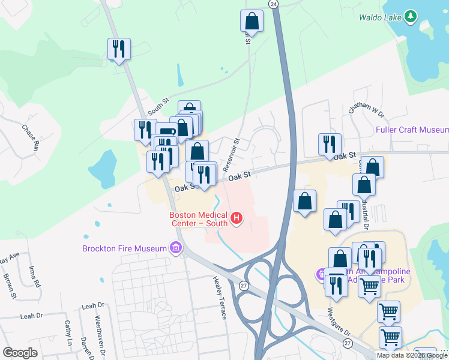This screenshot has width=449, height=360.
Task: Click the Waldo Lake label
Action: (379, 17)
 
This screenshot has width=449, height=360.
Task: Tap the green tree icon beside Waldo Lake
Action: (411, 16)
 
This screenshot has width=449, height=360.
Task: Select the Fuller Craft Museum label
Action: (412, 130)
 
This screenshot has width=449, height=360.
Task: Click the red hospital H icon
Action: (237, 218)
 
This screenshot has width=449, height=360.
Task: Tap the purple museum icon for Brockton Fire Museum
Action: (175, 247)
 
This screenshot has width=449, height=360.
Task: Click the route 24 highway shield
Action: (274, 4)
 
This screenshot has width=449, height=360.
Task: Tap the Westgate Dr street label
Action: (339, 322)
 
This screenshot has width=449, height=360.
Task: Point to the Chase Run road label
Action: (31, 137)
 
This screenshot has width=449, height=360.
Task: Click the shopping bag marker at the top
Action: (252, 21)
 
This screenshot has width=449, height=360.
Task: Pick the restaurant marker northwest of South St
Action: (119, 49)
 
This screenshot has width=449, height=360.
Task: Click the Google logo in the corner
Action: (20, 352)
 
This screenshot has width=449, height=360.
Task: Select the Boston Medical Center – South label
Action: (198, 219)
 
